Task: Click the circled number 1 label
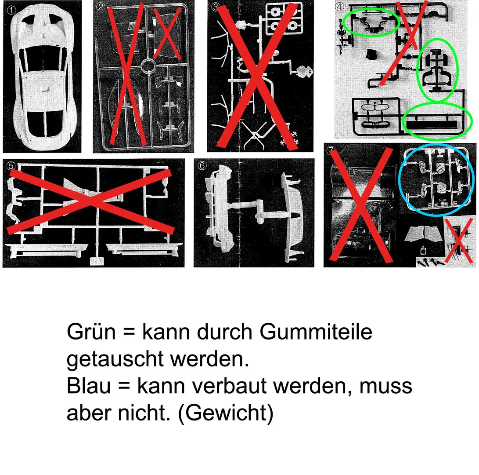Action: [11, 11]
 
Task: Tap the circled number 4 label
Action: [340, 7]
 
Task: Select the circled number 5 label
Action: [11, 166]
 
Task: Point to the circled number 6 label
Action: [202, 165]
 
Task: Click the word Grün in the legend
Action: [91, 332]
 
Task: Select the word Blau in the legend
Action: [89, 386]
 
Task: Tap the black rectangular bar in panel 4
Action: [431, 124]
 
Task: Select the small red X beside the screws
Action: [458, 241]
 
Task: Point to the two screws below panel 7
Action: [429, 262]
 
